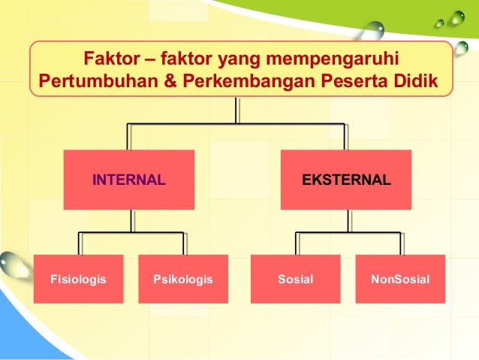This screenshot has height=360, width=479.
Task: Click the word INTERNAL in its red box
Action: [128, 180]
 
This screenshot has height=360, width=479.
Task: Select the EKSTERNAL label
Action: [346, 180]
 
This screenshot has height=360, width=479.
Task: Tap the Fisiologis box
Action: [78, 280]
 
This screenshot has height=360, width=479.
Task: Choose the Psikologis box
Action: [183, 280]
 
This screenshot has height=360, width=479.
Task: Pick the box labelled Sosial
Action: [295, 280]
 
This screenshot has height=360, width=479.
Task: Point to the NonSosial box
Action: [400, 280]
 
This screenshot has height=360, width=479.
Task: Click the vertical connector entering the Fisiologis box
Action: [79, 244]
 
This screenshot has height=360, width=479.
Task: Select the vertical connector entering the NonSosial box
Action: [399, 244]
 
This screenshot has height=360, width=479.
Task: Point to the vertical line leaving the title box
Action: [237, 110]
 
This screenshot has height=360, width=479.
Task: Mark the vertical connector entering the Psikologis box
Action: [184, 244]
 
